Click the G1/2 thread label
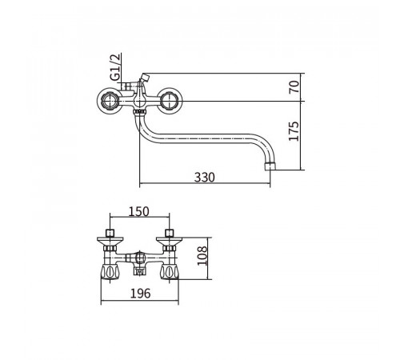pyautogui.click(x=115, y=67)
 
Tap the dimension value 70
pyautogui.click(x=294, y=87)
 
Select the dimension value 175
pyautogui.click(x=294, y=131)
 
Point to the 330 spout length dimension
pyautogui.click(x=204, y=178)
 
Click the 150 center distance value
pyautogui.click(x=138, y=212)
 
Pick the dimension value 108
pyautogui.click(x=202, y=256)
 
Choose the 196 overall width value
pyautogui.click(x=140, y=294)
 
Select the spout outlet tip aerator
pyautogui.click(x=270, y=166)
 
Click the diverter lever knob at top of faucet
pyautogui.click(x=145, y=78)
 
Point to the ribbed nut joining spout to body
pyautogui.click(x=139, y=111)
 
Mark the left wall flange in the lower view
pyautogui.click(x=110, y=241)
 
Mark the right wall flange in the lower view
pyautogui.click(x=169, y=241)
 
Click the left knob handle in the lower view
pyautogui.click(x=110, y=272)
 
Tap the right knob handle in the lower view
pyautogui.click(x=169, y=272)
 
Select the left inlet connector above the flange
pyautogui.click(x=110, y=233)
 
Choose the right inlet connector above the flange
pyautogui.click(x=170, y=233)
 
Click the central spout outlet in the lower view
pyautogui.click(x=139, y=271)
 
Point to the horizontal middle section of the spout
pyautogui.click(x=202, y=138)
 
